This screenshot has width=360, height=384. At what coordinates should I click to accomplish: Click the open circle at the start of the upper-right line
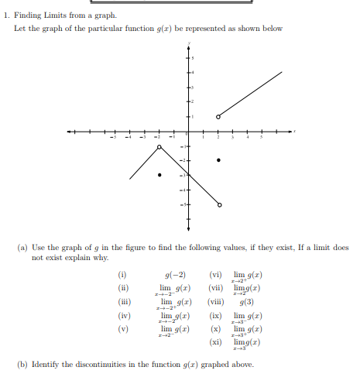[x=218, y=116]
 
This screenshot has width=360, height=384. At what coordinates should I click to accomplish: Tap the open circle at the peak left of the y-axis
[x=159, y=146]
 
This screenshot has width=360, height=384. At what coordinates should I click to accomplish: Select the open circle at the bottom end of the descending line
[x=218, y=205]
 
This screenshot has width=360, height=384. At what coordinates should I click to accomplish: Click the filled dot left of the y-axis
[x=159, y=175]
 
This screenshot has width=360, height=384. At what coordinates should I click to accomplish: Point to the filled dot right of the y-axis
[x=218, y=160]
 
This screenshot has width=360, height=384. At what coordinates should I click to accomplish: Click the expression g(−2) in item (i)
[x=175, y=276]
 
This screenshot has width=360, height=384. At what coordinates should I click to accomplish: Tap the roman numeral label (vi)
[x=217, y=276]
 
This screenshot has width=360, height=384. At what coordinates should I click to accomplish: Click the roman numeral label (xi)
[x=217, y=341]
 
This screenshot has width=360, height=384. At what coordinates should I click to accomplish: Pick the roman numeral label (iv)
[x=122, y=315]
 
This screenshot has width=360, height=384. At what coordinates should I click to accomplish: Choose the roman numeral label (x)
[x=217, y=328]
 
